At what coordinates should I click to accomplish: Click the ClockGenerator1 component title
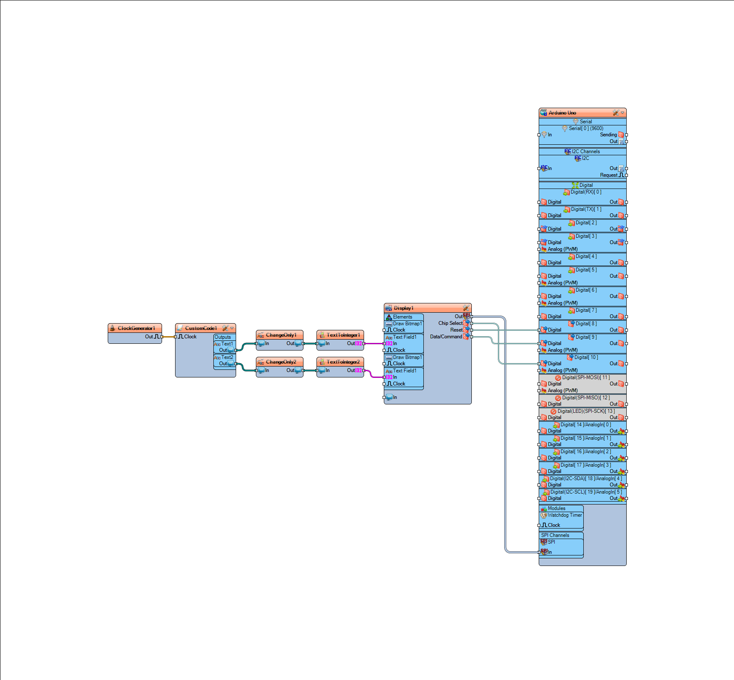click(x=136, y=328)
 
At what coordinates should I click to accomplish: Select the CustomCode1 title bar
click(x=205, y=328)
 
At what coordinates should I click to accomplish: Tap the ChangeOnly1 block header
click(x=279, y=335)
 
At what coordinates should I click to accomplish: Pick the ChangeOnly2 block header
click(x=279, y=362)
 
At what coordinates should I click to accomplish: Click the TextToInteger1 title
click(x=343, y=335)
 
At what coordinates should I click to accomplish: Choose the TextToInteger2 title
click(x=343, y=362)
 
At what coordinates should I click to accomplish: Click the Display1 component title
click(x=404, y=308)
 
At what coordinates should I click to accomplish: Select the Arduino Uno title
click(x=562, y=113)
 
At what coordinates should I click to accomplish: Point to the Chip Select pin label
click(x=450, y=323)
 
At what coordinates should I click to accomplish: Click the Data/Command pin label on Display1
click(x=446, y=337)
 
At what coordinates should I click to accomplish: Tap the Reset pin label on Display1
click(x=456, y=330)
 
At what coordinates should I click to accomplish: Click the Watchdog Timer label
click(x=565, y=515)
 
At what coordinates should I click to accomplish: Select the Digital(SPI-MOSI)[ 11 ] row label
click(x=586, y=377)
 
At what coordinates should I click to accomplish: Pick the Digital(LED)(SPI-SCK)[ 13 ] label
click(x=586, y=411)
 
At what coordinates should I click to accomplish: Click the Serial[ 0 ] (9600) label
click(x=586, y=128)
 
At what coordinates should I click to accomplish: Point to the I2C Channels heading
click(x=586, y=151)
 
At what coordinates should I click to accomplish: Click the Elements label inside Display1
click(x=403, y=317)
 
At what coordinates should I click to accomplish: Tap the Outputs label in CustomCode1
click(x=223, y=337)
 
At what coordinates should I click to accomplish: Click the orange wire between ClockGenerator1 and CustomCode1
click(x=169, y=337)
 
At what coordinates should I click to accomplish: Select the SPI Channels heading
click(x=555, y=535)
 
